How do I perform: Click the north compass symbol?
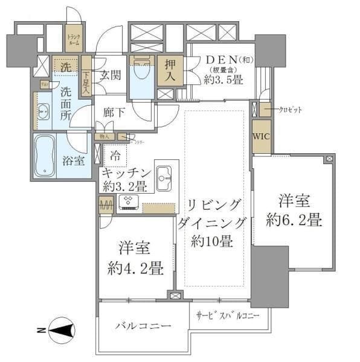[x=62, y=330]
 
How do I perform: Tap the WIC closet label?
[x=261, y=136]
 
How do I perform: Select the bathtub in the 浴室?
[x=45, y=156]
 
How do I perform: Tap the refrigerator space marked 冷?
[x=115, y=155]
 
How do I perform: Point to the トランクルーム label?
[x=74, y=41]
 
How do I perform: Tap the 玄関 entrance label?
[x=111, y=75]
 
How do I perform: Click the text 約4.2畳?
[x=135, y=267]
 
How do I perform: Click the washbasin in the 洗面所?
[x=43, y=112]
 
